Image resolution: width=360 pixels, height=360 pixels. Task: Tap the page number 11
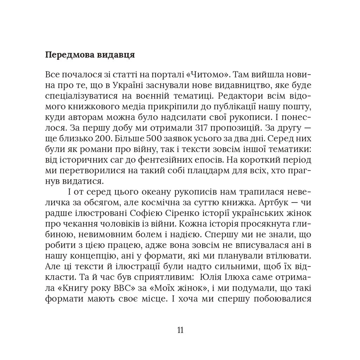180,330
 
